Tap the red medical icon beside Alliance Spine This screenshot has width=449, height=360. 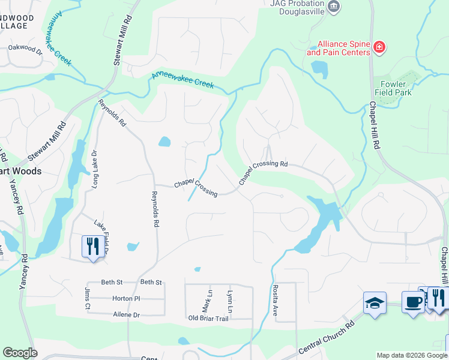pos(379,47)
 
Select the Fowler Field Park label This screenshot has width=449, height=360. pos(393,89)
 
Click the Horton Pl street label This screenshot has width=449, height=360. pos(126,298)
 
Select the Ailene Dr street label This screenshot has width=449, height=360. pos(126,314)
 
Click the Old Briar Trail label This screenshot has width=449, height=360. pos(208,319)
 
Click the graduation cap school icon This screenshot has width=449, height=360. pos(375,302)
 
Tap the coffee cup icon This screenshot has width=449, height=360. pos(413,302)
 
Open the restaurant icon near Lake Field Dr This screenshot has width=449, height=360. pos(92,247)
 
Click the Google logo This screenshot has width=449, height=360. pos(20,353)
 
